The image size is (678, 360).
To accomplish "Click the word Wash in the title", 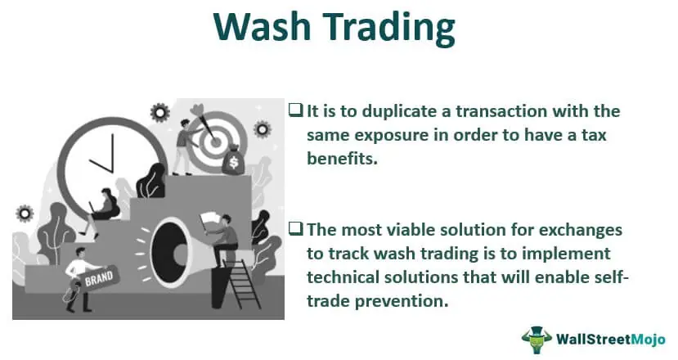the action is click(262, 26).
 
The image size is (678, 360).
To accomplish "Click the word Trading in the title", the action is click(389, 29).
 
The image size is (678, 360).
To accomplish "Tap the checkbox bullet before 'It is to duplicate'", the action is click(296, 110).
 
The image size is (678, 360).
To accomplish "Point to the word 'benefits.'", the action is click(343, 159).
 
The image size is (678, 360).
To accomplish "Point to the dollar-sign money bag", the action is click(233, 160).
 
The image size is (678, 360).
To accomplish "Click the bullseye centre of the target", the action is click(215, 141).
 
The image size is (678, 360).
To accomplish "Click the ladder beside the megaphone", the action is click(242, 282).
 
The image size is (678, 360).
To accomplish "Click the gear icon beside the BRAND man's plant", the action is click(25, 214).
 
